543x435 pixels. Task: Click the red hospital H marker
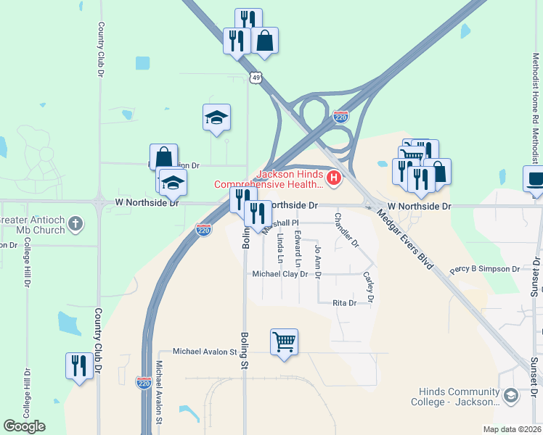pyautogui.click(x=334, y=177)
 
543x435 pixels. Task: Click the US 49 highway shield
pyautogui.click(x=254, y=76)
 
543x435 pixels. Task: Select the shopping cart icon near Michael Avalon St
pyautogui.click(x=284, y=341)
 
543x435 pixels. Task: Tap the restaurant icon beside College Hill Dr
pyautogui.click(x=79, y=364)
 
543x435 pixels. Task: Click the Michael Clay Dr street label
pyautogui.click(x=280, y=274)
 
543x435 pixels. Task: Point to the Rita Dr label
pyautogui.click(x=345, y=303)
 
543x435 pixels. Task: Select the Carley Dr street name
pyautogui.click(x=369, y=286)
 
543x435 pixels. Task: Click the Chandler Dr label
pyautogui.click(x=347, y=230)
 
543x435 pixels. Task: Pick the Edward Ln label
pyautogui.click(x=298, y=248)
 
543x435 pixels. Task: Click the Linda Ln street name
pyautogui.click(x=280, y=247)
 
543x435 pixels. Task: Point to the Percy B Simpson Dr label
pyautogui.click(x=485, y=269)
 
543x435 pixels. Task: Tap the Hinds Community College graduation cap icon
pyautogui.click(x=510, y=395)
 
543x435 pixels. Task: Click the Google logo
pyautogui.click(x=24, y=426)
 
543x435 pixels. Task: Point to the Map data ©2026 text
pyautogui.click(x=512, y=429)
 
